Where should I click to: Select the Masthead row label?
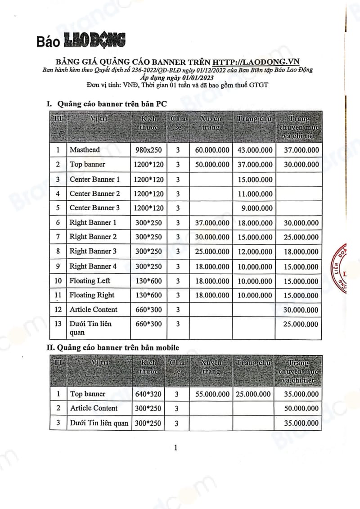(x=85, y=150)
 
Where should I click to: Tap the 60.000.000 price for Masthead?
(x=212, y=150)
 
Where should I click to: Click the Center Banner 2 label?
(x=95, y=194)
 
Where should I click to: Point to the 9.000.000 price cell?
(x=257, y=208)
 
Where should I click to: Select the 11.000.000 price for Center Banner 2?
(x=256, y=194)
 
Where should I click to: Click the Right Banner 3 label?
(x=93, y=251)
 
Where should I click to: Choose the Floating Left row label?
(x=90, y=281)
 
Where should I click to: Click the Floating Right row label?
(x=92, y=295)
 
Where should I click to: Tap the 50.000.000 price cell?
(x=301, y=408)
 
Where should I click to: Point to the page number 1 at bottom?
(x=176, y=447)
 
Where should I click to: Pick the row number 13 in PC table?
(x=58, y=324)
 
